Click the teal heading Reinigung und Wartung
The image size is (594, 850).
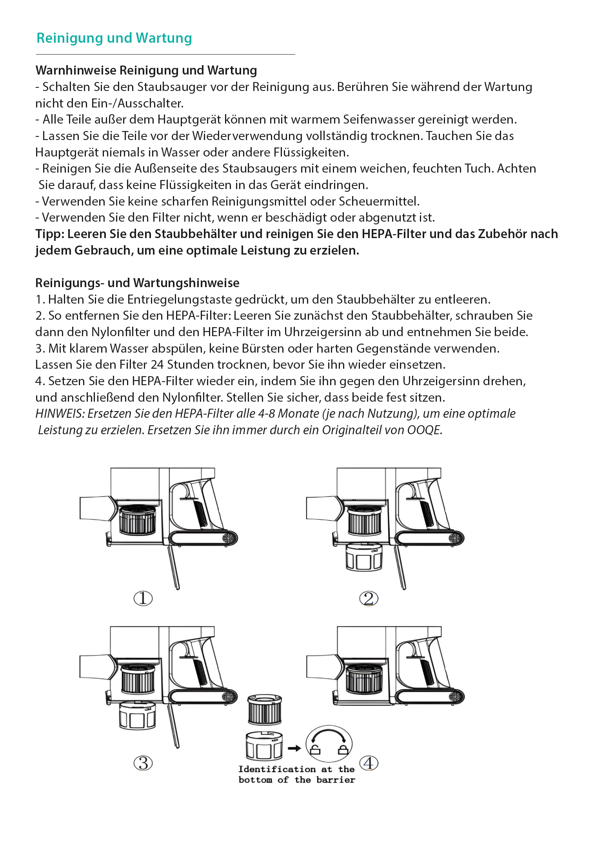tap(114, 38)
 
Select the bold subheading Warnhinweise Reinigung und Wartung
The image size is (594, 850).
tap(146, 70)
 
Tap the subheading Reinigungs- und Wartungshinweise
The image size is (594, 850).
tap(137, 283)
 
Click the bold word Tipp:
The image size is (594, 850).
tap(50, 234)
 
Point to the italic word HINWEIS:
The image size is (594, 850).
tap(60, 413)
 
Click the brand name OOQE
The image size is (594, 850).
tap(424, 430)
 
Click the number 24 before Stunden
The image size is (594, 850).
tap(157, 364)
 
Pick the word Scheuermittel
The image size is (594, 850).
tap(378, 201)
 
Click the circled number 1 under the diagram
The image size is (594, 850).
tap(143, 598)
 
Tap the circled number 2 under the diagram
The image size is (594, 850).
tap(369, 598)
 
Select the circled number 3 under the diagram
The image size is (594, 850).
tap(143, 763)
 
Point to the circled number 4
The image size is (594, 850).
tap(369, 763)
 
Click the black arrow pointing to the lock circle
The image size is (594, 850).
tap(294, 748)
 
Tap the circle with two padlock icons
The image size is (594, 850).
tap(329, 744)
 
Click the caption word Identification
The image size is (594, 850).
tap(277, 769)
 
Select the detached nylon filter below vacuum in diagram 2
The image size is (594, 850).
tap(364, 556)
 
